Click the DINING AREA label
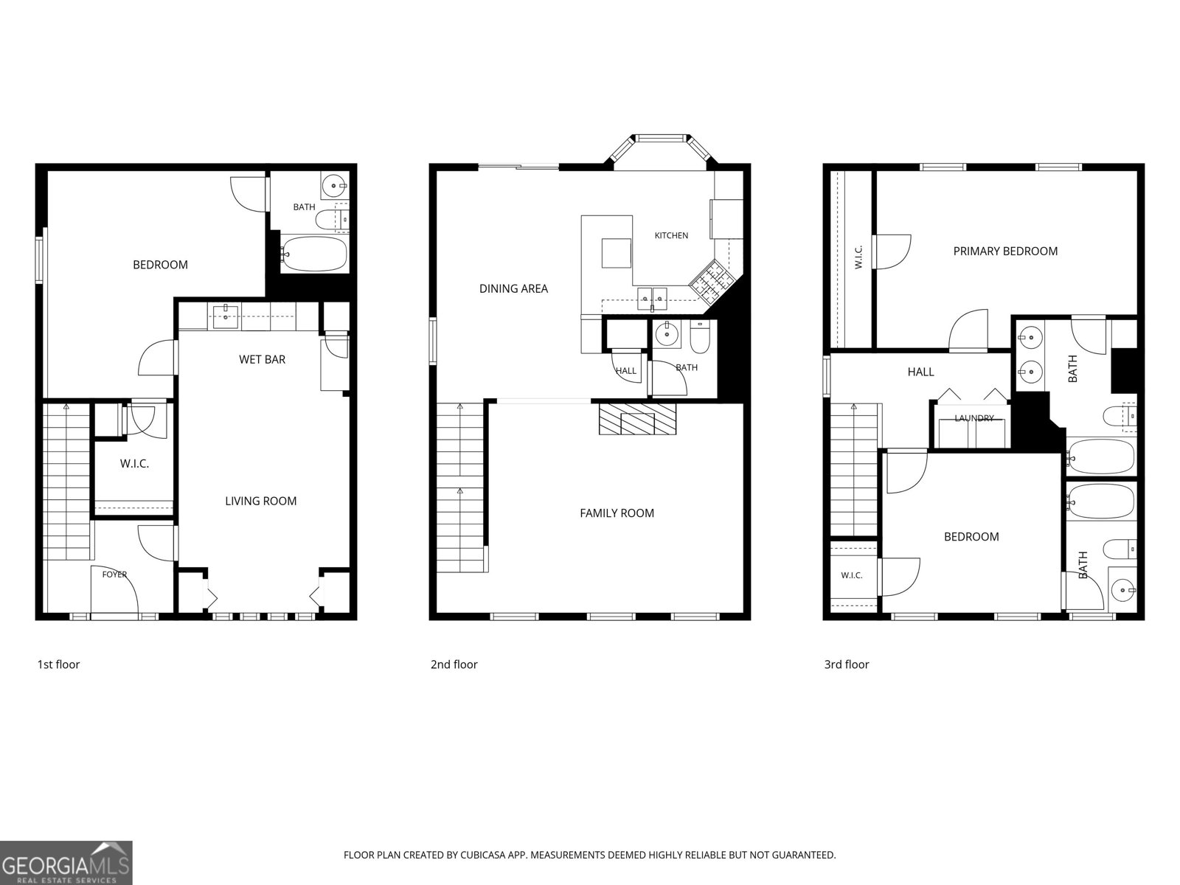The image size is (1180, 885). pos(513,288)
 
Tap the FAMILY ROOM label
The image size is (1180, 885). pos(617,513)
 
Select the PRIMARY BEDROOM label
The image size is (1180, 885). pos(1005,251)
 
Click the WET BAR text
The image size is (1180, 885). pos(262,359)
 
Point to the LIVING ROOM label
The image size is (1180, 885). pos(261,501)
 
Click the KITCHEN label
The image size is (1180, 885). pos(671,235)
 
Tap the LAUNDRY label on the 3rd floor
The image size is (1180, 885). pos(974,418)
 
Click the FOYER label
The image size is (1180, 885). pos(114,575)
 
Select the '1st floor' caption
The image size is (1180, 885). pos(58,664)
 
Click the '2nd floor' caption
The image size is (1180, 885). pos(454,664)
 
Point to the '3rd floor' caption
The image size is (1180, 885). pos(847,664)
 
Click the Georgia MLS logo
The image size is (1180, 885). pos(66,863)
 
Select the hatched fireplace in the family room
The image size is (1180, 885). pos(638,419)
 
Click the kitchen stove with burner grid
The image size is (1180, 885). pos(712,280)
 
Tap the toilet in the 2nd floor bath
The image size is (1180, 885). pos(700,336)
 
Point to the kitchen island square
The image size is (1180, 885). pos(616,253)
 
